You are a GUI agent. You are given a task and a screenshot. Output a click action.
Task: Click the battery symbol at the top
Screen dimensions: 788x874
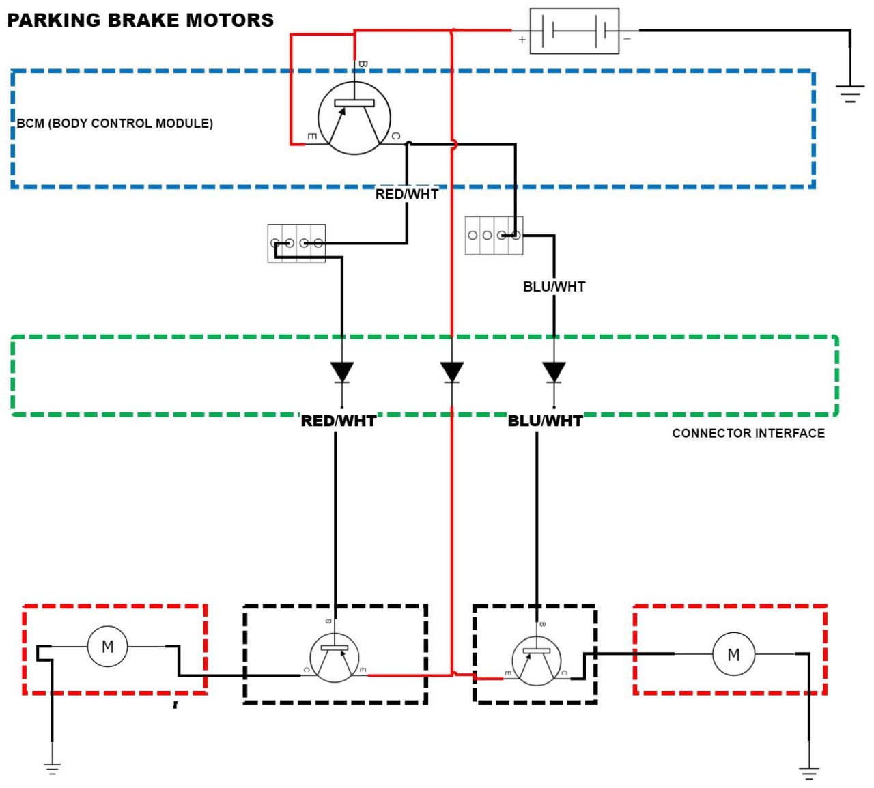click(574, 31)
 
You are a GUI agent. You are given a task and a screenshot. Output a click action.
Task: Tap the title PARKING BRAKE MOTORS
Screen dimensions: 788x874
click(140, 20)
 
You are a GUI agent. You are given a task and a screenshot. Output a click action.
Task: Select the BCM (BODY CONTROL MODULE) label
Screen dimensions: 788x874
click(115, 124)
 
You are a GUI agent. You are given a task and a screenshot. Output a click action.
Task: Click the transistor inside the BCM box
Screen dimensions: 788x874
click(354, 118)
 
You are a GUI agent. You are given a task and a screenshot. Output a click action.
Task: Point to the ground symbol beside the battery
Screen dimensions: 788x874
click(849, 94)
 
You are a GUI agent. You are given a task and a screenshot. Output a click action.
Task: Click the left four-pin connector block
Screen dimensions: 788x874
click(296, 243)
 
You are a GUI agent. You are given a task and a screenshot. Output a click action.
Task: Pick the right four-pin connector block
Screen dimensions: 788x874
click(494, 236)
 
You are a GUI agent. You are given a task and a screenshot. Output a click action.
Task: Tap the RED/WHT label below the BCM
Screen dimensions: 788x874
click(406, 194)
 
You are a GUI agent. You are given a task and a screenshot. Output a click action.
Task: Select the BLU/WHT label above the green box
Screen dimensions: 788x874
click(554, 287)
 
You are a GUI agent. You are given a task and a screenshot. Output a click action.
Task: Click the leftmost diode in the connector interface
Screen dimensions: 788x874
click(342, 373)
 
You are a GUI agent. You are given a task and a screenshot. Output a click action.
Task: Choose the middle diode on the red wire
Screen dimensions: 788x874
click(451, 373)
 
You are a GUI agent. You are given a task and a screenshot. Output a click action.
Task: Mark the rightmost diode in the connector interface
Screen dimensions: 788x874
click(554, 373)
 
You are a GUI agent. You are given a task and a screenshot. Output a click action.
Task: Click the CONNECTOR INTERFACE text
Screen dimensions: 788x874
click(748, 433)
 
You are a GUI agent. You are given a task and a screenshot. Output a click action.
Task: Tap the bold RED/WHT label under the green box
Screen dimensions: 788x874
click(338, 421)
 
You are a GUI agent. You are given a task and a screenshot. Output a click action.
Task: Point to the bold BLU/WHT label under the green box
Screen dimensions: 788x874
click(545, 421)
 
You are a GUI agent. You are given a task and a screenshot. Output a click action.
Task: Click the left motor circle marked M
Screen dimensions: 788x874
click(107, 646)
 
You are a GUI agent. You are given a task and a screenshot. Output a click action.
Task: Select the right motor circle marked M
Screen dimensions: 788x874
click(733, 654)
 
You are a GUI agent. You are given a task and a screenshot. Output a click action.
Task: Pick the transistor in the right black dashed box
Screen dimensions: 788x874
click(537, 661)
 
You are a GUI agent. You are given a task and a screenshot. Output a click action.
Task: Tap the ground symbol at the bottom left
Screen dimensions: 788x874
click(52, 768)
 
